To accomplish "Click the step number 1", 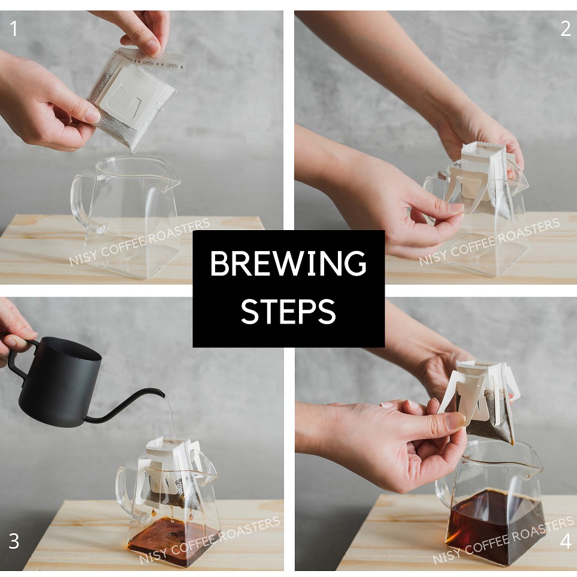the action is click(14, 29).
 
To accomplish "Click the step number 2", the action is click(565, 29).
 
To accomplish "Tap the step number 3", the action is click(14, 541).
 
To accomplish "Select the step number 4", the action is click(566, 541).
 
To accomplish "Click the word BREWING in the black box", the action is click(288, 263).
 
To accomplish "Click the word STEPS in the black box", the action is click(288, 312).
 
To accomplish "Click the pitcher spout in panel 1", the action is click(173, 180).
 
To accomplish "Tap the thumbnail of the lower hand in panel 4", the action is click(455, 420).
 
